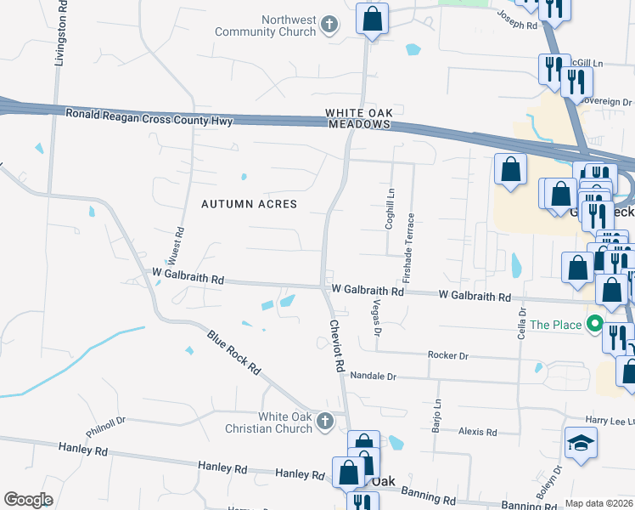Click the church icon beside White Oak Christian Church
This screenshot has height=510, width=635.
[x=323, y=420]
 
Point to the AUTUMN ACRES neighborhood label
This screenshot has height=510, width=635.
[x=249, y=204]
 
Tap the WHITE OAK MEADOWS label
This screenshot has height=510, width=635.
[x=358, y=118]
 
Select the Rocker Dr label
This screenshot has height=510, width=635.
[x=448, y=355]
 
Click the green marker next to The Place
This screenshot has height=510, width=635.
[x=594, y=324]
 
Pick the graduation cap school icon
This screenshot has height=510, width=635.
[x=582, y=442]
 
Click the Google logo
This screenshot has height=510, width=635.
[x=28, y=500]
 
